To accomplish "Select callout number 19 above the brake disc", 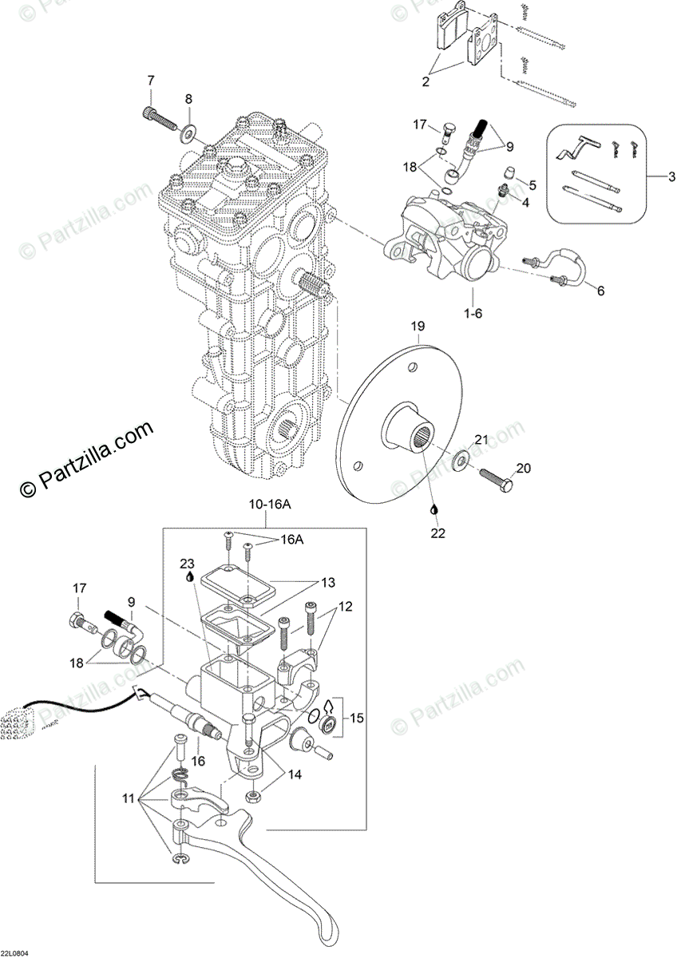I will click(x=417, y=327).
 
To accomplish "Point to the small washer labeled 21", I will click(x=461, y=461).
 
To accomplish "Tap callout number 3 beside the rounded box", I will click(x=669, y=176).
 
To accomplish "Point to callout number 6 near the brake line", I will click(x=600, y=291).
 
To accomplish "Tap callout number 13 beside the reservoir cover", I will click(x=329, y=582).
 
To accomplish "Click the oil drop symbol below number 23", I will click(x=188, y=576).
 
